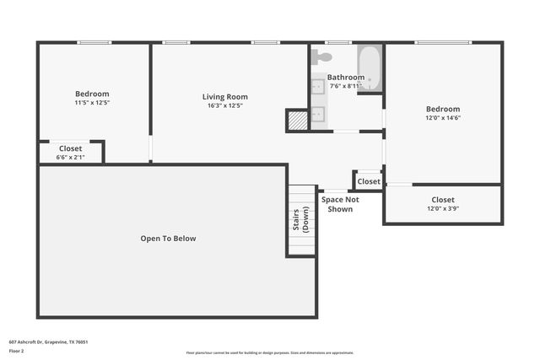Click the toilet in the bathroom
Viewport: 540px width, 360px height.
(321, 56)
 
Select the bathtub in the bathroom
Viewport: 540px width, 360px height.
(370, 67)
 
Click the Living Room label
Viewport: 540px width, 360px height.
(224, 96)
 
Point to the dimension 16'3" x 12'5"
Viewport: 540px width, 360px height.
(224, 105)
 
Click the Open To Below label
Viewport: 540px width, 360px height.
(168, 239)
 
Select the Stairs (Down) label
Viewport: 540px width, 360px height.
(300, 219)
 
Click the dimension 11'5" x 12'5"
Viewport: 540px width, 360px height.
(92, 103)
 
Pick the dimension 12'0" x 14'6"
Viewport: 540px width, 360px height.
(443, 118)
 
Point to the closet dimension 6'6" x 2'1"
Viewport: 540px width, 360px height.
(71, 157)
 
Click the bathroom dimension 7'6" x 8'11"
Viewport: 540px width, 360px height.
(345, 86)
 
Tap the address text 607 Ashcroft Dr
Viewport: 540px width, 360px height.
(48, 342)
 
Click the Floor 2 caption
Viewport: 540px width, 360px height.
(17, 350)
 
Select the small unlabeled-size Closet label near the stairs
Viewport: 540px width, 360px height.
(369, 181)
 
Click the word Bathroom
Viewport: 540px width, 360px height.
(345, 77)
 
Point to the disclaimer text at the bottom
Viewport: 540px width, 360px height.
(270, 352)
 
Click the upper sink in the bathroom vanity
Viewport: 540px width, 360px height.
(319, 86)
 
